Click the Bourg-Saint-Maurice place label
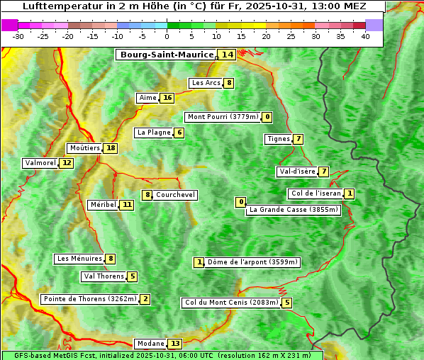point(167,55)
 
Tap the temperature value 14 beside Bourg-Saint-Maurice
point(227,55)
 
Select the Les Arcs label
point(206,83)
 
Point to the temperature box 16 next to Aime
point(167,98)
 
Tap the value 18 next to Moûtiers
point(110,148)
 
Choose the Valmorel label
point(40,163)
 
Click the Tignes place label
point(278,139)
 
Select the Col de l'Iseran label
point(316,193)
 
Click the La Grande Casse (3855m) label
point(294,210)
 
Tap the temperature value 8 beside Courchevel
point(147,195)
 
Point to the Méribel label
point(103,205)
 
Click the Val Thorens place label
point(104,276)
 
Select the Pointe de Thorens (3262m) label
point(89,299)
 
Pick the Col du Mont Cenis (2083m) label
point(231,303)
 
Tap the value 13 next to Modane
point(175,344)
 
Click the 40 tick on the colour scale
point(365,36)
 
